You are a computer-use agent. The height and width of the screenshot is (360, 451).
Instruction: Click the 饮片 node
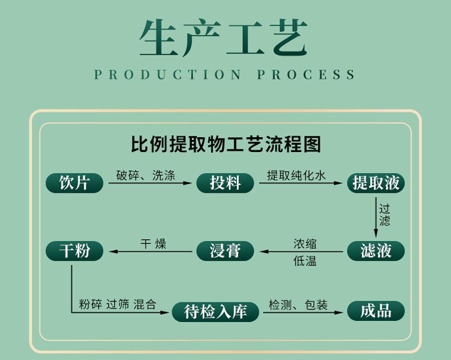(75, 183)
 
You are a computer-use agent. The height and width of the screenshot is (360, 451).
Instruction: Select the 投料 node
(226, 183)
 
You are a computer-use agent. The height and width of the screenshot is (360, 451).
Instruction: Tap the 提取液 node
(376, 183)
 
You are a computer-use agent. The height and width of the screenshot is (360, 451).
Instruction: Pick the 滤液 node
(376, 251)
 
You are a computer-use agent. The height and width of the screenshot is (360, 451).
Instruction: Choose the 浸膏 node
(226, 251)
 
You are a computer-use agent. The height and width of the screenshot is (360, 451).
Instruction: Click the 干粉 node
(75, 251)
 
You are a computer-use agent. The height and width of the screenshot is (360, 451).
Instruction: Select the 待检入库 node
(215, 312)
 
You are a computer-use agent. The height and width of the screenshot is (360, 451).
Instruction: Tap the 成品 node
(376, 311)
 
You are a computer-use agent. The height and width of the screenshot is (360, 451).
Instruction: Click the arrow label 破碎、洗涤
(146, 175)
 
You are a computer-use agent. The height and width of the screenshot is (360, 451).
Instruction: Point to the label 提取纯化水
(296, 175)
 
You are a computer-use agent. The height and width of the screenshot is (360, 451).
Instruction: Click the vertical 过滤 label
(385, 215)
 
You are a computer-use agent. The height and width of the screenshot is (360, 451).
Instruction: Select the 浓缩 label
(305, 244)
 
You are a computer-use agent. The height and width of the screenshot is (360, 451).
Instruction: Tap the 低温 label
(305, 261)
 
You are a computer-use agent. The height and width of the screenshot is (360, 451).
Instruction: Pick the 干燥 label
(153, 244)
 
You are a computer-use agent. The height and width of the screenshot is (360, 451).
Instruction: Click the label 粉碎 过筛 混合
(118, 304)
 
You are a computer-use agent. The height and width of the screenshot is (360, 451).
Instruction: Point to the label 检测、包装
(298, 305)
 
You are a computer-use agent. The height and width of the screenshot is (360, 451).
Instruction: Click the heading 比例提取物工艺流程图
(226, 144)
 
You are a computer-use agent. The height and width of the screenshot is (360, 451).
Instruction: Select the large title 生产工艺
(224, 37)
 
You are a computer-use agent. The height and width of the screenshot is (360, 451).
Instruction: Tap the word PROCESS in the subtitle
(306, 75)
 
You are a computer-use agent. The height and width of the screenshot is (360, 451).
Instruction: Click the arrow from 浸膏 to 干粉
(151, 252)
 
